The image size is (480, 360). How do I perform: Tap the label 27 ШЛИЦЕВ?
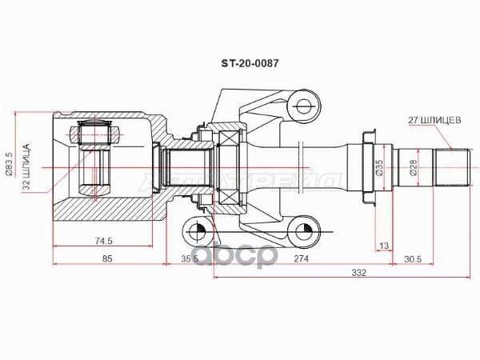[x=433, y=122]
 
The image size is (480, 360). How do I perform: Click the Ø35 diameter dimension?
[x=379, y=167]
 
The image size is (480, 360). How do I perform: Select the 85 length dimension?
[x=108, y=258]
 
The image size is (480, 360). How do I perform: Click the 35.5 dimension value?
[x=189, y=258]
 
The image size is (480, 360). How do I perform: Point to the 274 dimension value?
[x=301, y=258]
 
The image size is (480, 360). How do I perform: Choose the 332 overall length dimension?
[x=358, y=273]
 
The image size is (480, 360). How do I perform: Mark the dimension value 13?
[x=385, y=245]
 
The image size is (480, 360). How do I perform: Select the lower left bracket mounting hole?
[x=195, y=231]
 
